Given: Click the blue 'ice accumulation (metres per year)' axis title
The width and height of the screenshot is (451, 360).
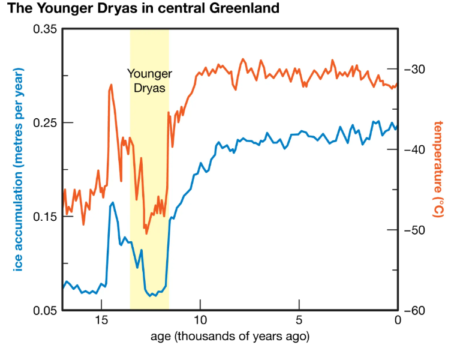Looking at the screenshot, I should (x=17, y=170).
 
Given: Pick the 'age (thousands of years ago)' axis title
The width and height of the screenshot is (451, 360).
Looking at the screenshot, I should (x=230, y=336).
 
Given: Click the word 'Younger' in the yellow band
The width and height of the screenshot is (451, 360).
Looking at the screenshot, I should (x=149, y=74).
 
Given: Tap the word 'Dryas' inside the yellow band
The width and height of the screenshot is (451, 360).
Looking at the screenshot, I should (x=149, y=87).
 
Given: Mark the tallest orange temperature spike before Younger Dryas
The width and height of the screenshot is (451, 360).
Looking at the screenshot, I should (x=112, y=85).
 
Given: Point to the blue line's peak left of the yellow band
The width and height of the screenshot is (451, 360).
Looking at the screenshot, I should (x=112, y=203).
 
